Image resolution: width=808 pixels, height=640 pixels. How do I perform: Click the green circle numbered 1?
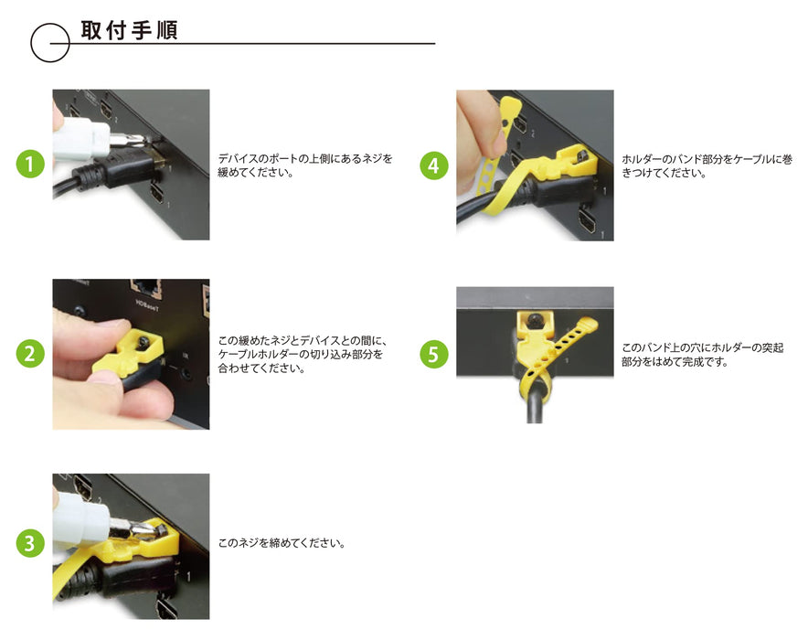tap(31, 165)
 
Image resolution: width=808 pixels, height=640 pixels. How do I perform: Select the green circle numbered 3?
tap(31, 543)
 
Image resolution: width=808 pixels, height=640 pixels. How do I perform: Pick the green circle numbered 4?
tap(434, 165)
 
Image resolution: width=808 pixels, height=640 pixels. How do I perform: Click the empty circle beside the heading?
tap(50, 43)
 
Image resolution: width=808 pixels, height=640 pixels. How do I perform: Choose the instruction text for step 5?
tap(702, 355)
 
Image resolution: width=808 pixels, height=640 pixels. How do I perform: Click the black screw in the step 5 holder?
tap(535, 321)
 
